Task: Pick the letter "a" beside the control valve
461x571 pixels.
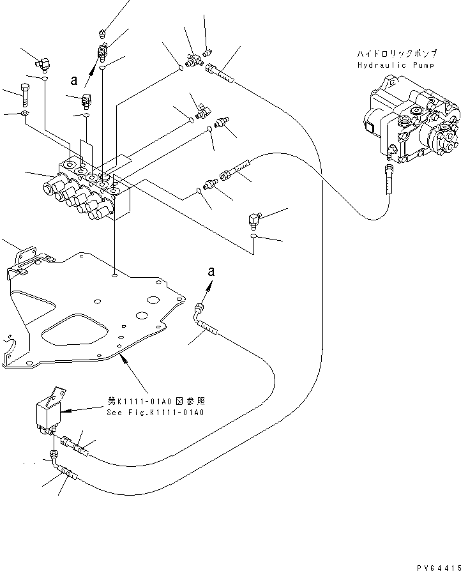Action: [75, 80]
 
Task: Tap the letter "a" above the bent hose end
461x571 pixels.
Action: [212, 271]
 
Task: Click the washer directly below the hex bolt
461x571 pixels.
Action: [24, 114]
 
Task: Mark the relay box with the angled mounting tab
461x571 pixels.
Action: [50, 409]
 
